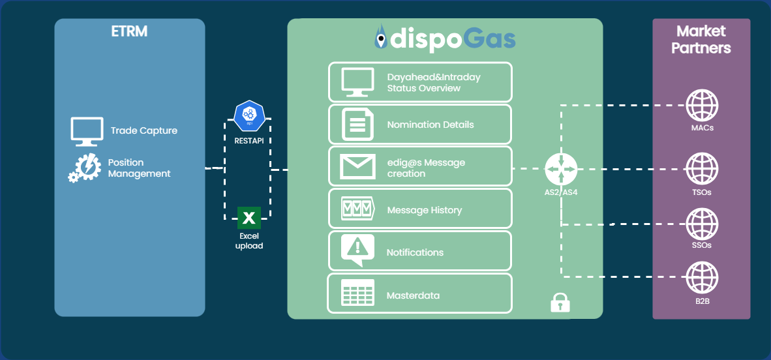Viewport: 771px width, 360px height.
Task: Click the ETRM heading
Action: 129,31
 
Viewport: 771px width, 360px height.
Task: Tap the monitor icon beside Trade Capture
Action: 87,130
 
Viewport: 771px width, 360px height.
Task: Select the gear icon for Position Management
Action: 85,168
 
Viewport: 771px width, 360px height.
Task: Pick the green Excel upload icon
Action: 249,217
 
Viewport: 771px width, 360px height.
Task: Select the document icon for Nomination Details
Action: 357,124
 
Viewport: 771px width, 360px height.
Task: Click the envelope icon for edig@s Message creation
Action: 357,167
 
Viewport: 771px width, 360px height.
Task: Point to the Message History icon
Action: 357,209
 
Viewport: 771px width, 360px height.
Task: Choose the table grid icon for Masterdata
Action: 357,293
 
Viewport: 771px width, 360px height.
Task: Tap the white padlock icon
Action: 560,303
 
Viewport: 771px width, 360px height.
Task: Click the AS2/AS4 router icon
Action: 560,169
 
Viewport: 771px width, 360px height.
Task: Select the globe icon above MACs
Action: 702,105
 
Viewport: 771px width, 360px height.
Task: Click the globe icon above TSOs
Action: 702,170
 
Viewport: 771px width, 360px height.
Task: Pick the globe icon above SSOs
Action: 702,224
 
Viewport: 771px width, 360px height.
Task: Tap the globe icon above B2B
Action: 702,277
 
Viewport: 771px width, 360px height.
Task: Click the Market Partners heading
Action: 701,39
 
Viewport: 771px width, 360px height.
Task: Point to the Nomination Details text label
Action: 431,125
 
